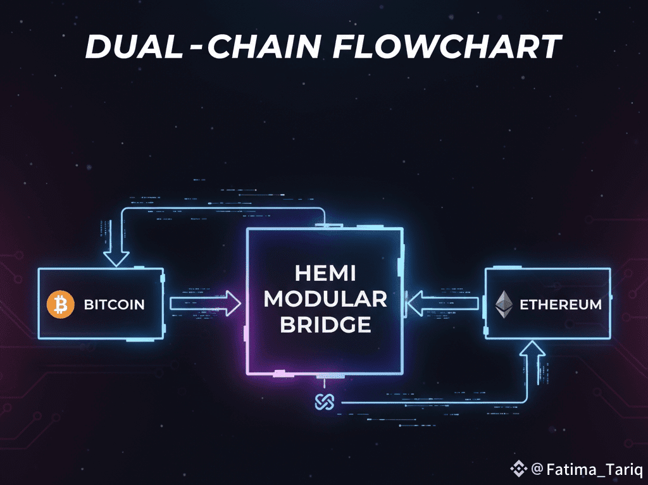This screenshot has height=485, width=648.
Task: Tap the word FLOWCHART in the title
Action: point(446,47)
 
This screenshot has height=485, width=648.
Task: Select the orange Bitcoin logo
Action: point(61,305)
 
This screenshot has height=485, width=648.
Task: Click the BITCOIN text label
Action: point(114,305)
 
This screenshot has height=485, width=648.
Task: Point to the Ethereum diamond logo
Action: point(504,304)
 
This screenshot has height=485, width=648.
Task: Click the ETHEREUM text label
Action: point(561,305)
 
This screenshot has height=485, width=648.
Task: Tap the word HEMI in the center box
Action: point(325,273)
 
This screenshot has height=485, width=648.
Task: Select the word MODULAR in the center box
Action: point(325,299)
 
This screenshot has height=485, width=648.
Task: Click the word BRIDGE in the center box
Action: point(325,324)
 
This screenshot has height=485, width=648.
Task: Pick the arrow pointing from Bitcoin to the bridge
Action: point(206,304)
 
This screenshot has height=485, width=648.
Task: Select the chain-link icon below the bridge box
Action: point(324,402)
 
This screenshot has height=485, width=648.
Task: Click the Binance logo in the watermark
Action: point(518,469)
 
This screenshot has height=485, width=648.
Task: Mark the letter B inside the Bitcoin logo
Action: point(61,305)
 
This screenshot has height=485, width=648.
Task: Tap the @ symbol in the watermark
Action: point(537,469)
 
